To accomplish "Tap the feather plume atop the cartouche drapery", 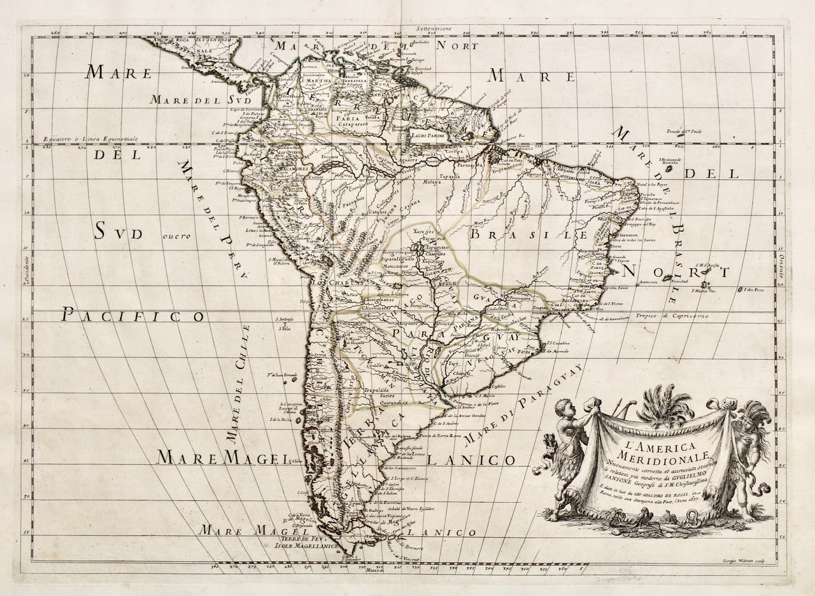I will tap(665, 406).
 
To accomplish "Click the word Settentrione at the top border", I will tap(434, 29).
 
